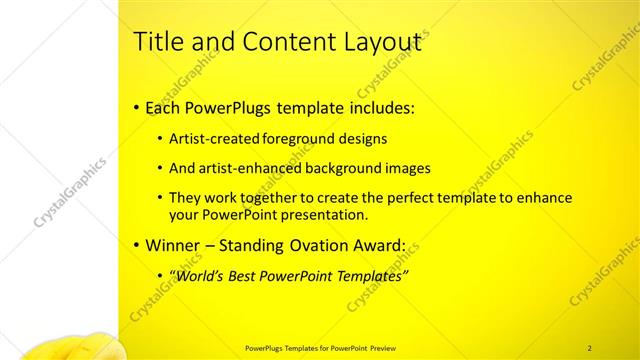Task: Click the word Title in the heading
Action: [155, 42]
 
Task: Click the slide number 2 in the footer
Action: [589, 347]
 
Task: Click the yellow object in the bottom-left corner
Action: [70, 350]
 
